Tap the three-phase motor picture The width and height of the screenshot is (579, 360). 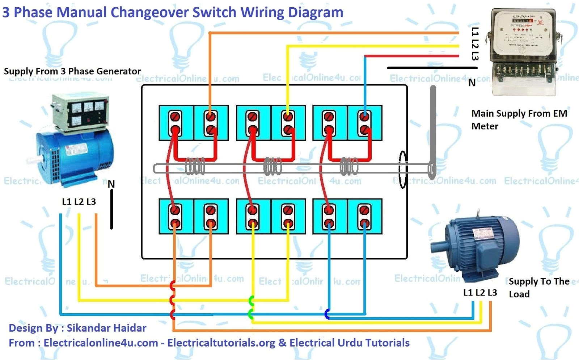pyautogui.click(x=474, y=246)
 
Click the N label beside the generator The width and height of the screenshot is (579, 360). pyautogui.click(x=111, y=184)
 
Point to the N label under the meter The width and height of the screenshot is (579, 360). pyautogui.click(x=472, y=83)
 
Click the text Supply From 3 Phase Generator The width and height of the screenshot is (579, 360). pyautogui.click(x=72, y=71)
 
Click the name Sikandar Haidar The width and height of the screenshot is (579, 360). pyautogui.click(x=107, y=328)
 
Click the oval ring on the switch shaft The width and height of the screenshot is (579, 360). pyautogui.click(x=402, y=169)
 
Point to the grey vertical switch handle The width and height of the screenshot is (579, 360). pyautogui.click(x=432, y=127)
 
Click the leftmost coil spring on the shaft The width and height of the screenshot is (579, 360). pyautogui.click(x=195, y=167)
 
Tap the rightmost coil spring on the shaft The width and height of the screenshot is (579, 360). pyautogui.click(x=349, y=167)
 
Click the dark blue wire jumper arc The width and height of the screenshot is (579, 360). pyautogui.click(x=327, y=314)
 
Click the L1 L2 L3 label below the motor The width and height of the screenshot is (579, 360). pyautogui.click(x=480, y=293)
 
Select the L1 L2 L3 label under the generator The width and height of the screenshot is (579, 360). pyautogui.click(x=79, y=202)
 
